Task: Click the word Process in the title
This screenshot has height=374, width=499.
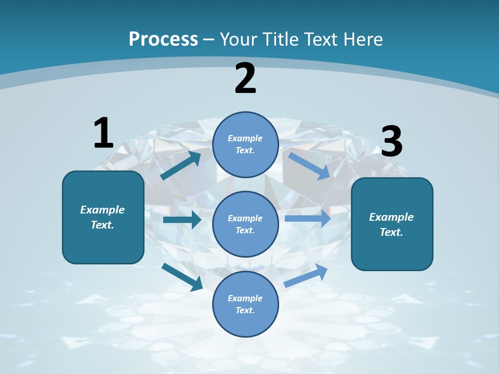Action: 163,39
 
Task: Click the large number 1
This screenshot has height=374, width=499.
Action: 103,133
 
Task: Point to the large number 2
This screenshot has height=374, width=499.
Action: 245,78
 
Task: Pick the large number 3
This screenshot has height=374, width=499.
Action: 392,141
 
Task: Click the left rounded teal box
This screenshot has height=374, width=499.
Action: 103,217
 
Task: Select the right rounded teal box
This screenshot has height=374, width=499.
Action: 392,224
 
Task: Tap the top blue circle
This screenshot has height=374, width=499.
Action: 245,144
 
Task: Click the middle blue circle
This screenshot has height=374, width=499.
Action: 245,224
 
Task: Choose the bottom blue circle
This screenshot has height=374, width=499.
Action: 245,304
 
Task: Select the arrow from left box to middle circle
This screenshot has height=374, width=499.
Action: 182,220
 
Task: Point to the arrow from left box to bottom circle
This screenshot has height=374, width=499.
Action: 182,276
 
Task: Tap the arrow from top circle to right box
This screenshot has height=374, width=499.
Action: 309,166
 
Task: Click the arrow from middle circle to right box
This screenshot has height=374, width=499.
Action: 308,218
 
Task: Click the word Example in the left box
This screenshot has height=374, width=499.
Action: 102,210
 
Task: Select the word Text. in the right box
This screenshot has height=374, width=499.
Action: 391,232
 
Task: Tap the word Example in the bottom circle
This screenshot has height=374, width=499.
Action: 245,298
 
